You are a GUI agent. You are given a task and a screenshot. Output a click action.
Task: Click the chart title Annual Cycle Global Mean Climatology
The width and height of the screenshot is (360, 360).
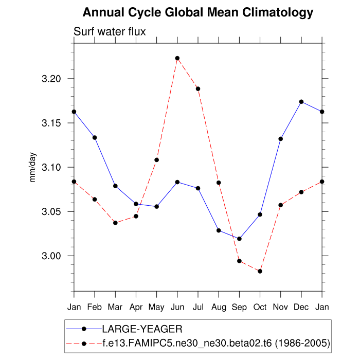[198, 12]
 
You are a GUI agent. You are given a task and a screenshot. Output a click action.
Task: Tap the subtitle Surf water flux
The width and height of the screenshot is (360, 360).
[110, 31]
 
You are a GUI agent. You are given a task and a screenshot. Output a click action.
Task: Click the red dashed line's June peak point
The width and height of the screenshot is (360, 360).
[177, 58]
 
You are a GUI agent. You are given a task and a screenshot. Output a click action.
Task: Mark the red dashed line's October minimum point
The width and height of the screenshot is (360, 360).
[260, 271]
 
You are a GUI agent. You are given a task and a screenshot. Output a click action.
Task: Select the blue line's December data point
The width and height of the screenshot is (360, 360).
[301, 102]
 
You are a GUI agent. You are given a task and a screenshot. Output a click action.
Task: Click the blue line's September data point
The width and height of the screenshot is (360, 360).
[239, 239]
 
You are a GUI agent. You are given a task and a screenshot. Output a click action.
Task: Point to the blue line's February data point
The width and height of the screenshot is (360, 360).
[95, 137]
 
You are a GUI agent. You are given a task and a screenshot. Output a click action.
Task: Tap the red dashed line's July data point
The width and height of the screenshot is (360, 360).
[198, 88]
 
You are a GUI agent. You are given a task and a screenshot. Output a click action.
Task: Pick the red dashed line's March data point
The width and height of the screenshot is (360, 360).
[115, 223]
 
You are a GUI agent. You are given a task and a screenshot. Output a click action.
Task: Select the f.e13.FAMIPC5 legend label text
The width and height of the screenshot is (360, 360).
[215, 342]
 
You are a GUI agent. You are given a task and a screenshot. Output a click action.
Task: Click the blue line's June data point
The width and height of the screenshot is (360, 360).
[177, 182]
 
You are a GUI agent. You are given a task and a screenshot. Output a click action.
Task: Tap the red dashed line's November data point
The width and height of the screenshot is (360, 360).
[281, 205]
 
